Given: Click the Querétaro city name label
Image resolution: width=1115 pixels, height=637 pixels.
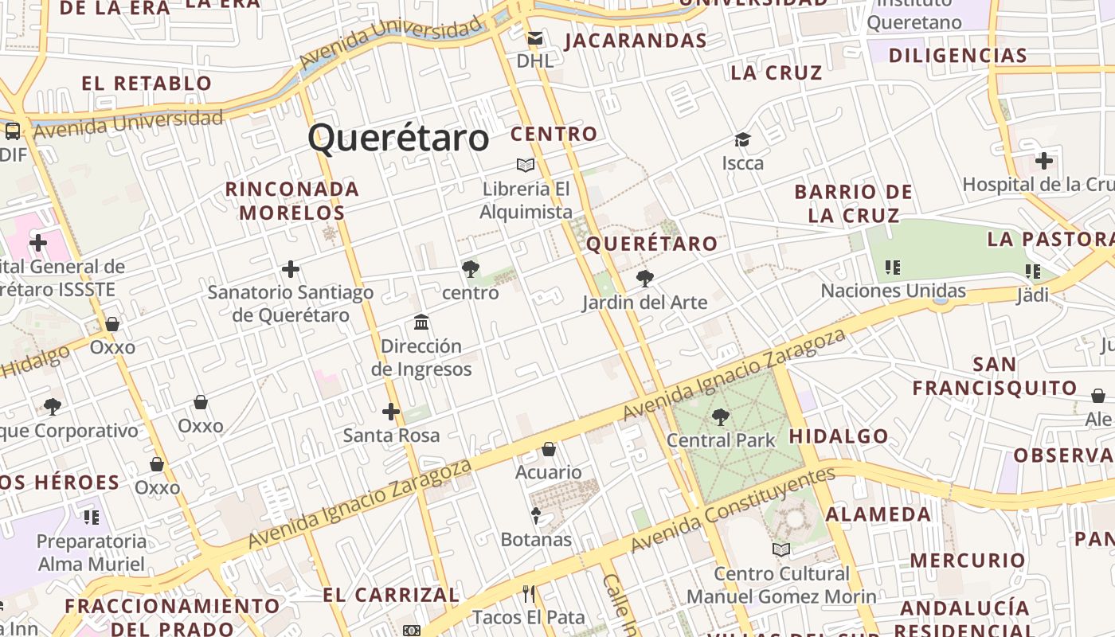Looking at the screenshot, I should coord(398,138).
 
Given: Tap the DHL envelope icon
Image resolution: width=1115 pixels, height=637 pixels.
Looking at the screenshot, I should coord(535,37).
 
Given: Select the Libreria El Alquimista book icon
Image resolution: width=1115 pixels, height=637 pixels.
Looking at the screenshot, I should coord(525,165).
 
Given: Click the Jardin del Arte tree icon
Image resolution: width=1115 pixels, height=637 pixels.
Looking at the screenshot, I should coord(645,279).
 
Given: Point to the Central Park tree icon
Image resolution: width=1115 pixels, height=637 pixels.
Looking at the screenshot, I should coord(721,416).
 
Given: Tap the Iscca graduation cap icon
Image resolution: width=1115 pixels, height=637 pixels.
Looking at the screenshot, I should coord(742,140).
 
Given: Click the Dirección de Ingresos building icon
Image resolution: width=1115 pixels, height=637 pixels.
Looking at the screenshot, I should coord(421,322).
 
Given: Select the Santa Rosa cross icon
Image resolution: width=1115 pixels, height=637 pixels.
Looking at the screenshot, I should coord(390,412).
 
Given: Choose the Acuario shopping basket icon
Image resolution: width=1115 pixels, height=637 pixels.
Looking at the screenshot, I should coord(549,449).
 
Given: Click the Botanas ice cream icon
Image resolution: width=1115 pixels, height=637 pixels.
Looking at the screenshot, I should coord(536,516).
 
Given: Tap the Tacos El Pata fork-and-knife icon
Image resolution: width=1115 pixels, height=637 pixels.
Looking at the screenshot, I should coord(528,593).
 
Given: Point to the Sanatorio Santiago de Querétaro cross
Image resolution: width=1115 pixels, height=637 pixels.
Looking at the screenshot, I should coord(291,269).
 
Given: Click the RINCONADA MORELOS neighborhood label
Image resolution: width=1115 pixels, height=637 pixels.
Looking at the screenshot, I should coord(292,201).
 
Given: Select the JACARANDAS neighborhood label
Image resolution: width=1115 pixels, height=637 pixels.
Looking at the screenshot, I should coord(636,41).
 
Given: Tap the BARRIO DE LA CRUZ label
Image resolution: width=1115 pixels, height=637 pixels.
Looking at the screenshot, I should coord(853,203).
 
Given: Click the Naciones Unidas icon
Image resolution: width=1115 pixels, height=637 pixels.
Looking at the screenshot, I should coord(893,268).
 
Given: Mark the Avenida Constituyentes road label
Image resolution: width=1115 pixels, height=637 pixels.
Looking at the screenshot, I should coord(732,510).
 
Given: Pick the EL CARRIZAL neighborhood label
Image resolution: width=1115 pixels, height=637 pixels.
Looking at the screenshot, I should coord(391,595).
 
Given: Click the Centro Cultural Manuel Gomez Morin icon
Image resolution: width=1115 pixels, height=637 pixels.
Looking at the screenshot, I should coord(781,549).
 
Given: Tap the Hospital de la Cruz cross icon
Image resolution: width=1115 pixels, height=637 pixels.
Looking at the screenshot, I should coord(1043,161).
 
